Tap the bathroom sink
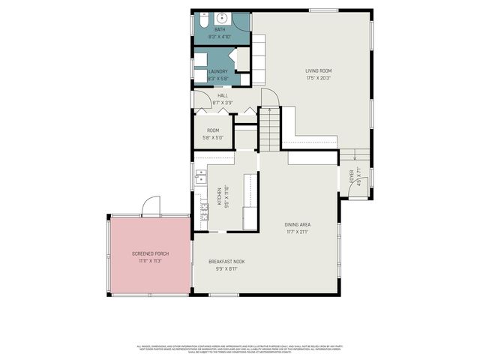click(x=223, y=18)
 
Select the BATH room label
click(x=220, y=30)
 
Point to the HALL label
click(x=222, y=96)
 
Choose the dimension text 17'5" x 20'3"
click(x=319, y=77)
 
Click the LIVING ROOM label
click(x=319, y=71)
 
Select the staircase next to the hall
click(x=269, y=129)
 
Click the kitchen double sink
click(x=200, y=177)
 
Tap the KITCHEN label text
click(x=220, y=197)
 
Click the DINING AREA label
click(x=297, y=225)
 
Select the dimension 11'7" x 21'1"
click(x=297, y=232)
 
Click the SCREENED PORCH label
click(x=151, y=254)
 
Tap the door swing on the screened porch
click(x=151, y=205)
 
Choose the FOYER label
click(x=351, y=175)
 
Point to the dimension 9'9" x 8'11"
click(x=230, y=268)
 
